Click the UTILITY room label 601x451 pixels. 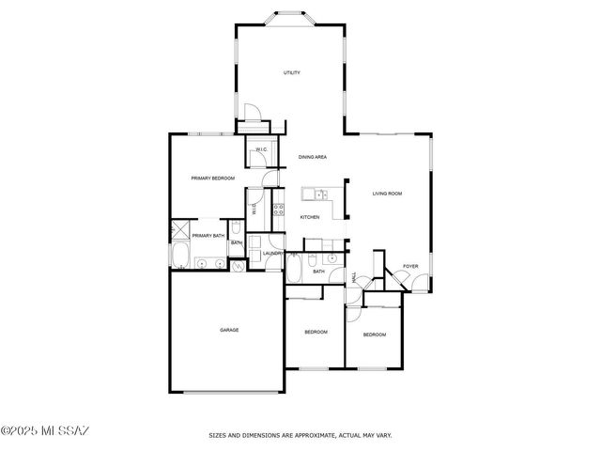291,72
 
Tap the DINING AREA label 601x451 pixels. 313,156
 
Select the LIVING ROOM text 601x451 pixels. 387,194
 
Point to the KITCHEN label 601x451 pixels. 310,217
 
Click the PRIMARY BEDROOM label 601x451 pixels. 212,178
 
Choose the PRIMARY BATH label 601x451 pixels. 208,236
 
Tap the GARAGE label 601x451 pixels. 229,330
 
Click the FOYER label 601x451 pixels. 410,266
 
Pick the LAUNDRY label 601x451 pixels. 273,254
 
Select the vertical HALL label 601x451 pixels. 354,278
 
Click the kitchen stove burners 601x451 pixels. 278,209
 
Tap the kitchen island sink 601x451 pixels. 320,195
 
